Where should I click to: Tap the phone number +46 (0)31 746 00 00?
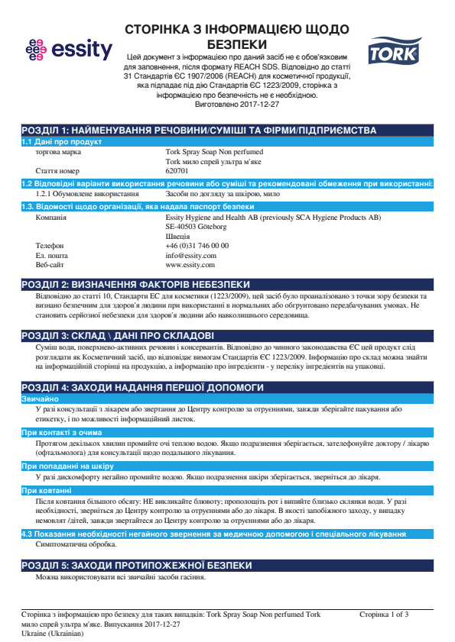pyautogui.click(x=197, y=246)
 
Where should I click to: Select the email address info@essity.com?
pyautogui.click(x=190, y=255)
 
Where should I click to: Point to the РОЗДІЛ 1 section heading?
pyautogui.click(x=199, y=131)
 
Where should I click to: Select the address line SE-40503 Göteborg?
pyautogui.click(x=196, y=227)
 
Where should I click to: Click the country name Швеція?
pyautogui.click(x=177, y=237)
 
